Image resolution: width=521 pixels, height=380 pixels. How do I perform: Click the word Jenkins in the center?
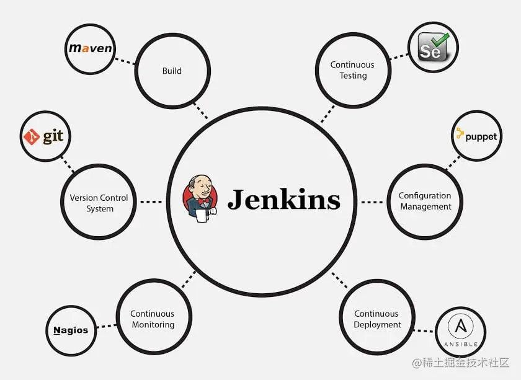[284, 200]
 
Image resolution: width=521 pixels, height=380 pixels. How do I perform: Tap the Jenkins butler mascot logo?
[200, 197]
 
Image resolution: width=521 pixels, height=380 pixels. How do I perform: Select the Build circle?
[172, 71]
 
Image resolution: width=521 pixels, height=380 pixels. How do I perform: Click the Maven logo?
[91, 48]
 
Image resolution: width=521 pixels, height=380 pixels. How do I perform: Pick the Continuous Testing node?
[352, 70]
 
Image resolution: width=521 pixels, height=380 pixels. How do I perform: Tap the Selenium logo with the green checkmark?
[433, 48]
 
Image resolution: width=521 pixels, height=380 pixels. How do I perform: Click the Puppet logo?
[476, 135]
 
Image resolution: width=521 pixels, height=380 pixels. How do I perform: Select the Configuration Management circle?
[425, 201]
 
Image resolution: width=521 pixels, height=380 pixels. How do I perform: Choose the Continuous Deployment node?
[377, 319]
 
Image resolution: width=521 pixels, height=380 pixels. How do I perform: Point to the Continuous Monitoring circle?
[153, 319]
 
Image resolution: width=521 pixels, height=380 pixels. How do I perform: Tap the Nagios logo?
[71, 330]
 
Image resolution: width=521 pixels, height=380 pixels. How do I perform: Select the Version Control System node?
[99, 203]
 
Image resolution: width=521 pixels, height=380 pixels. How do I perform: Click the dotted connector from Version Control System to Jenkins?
[151, 201]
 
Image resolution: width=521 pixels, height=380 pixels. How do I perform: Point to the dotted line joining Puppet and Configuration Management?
[452, 162]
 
